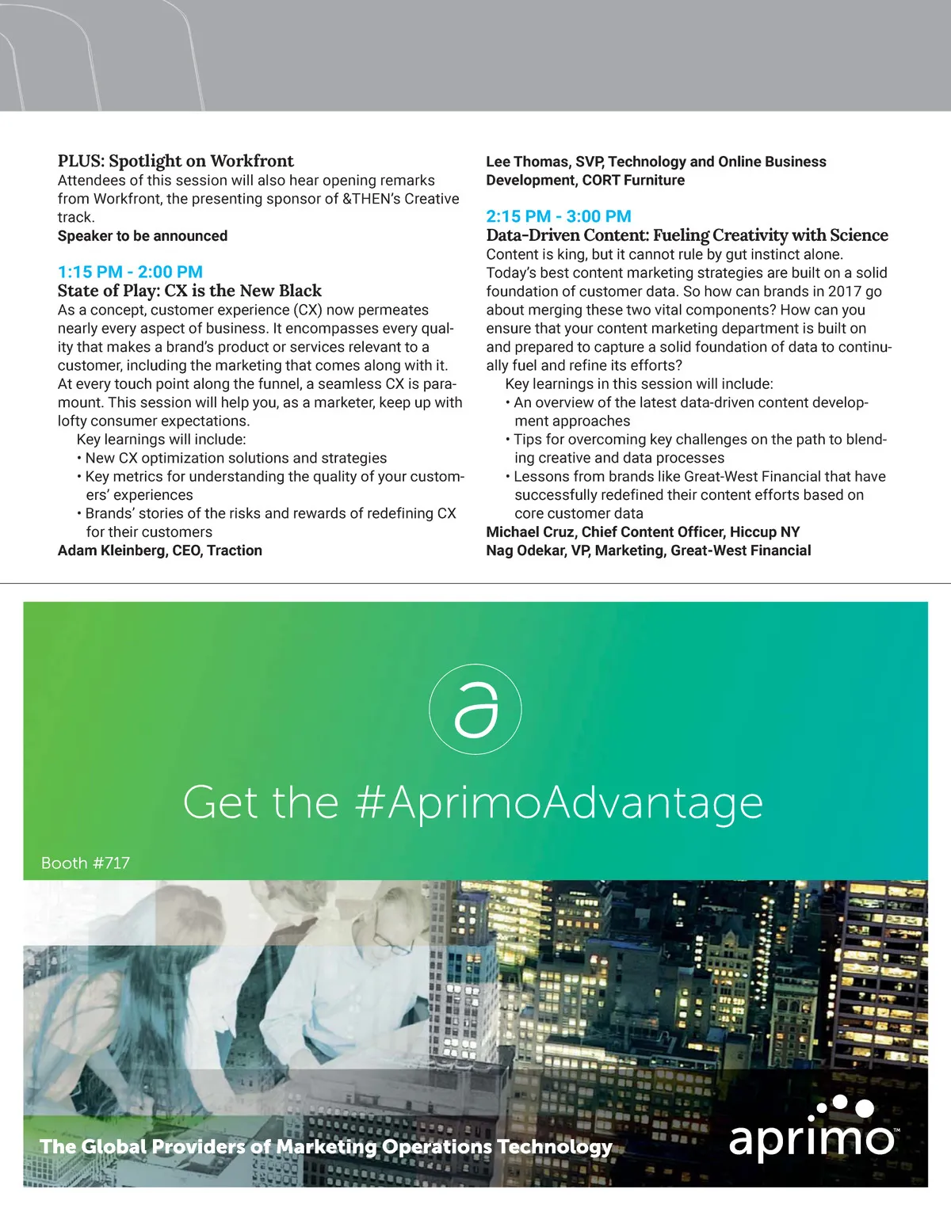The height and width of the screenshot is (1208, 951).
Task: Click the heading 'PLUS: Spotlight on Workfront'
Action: click(x=175, y=161)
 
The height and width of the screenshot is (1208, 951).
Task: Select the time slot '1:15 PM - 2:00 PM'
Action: click(x=130, y=272)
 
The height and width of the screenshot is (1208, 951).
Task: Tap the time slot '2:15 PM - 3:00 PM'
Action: click(x=559, y=216)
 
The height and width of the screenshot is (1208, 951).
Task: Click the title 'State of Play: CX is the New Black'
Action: click(x=189, y=291)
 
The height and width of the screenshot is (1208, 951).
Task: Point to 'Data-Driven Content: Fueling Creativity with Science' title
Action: click(x=686, y=235)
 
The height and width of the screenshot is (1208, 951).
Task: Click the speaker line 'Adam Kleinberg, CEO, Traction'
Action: click(x=159, y=551)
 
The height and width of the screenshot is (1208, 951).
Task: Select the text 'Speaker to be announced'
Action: click(x=143, y=236)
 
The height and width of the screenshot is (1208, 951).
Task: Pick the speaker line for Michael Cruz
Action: click(x=643, y=532)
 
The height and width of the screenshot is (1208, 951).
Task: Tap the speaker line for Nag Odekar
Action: click(x=648, y=551)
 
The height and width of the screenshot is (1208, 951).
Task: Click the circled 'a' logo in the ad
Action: click(x=475, y=709)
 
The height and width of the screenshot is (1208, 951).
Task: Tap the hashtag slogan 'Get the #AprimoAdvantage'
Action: click(x=472, y=802)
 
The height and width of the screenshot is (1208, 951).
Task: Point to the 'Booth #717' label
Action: click(x=86, y=863)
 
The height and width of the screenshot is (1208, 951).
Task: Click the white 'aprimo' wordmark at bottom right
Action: click(x=812, y=1138)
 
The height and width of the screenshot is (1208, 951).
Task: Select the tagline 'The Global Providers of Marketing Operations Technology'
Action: click(x=326, y=1146)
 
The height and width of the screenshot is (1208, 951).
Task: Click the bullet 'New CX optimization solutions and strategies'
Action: click(x=235, y=458)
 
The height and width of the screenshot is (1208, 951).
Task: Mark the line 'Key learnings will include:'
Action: click(x=161, y=440)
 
